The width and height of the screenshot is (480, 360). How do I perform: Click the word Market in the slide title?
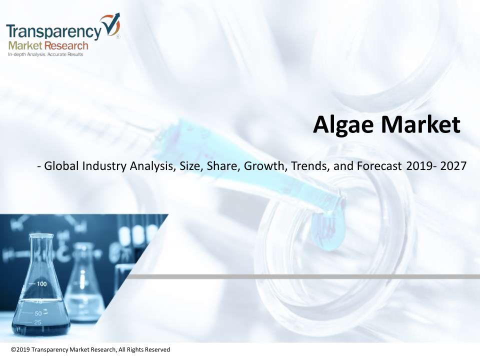(x=420, y=124)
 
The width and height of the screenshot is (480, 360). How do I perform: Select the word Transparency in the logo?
(x=53, y=31)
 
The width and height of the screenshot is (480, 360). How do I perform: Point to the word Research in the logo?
(x=66, y=46)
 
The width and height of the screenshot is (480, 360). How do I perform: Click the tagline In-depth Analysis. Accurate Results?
(x=45, y=54)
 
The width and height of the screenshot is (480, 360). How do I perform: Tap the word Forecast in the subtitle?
(x=379, y=166)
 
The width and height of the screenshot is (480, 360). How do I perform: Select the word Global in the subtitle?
(x=62, y=166)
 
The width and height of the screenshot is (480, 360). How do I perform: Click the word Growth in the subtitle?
(x=264, y=166)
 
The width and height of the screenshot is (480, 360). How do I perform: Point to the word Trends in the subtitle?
(x=309, y=166)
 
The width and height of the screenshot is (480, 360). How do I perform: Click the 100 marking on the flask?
(x=41, y=284)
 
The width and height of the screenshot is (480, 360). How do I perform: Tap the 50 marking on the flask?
(x=38, y=313)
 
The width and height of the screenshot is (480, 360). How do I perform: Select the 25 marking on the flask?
(x=37, y=322)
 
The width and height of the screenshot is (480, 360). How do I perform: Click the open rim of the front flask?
(x=41, y=235)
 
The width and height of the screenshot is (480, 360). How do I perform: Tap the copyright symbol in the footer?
(x=13, y=349)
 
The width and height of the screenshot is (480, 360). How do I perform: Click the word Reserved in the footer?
(x=157, y=349)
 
